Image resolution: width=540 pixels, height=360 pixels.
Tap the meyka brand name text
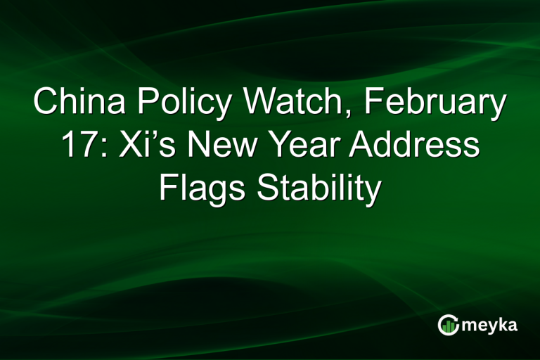tap(490, 326)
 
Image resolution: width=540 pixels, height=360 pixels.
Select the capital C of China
tap(46, 103)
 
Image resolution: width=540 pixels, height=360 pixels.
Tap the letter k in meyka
tap(501, 325)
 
